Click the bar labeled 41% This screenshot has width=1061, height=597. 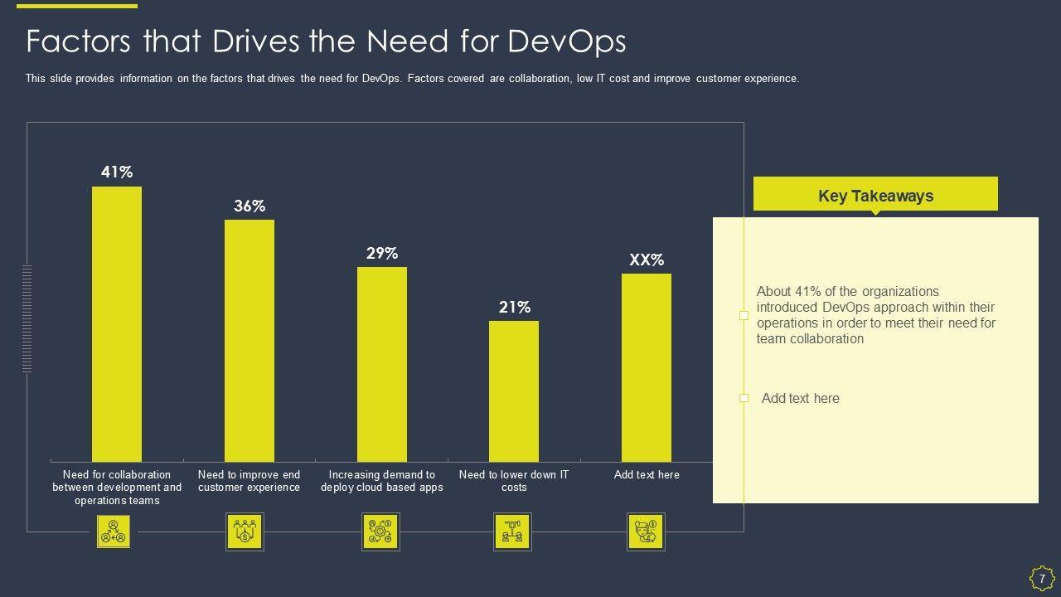click(x=117, y=323)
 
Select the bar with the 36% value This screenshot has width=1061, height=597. click(x=250, y=340)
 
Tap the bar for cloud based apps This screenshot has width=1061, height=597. click(x=382, y=364)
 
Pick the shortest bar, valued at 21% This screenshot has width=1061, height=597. click(x=514, y=391)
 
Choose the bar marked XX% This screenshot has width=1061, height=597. click(x=647, y=367)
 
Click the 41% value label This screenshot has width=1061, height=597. click(x=117, y=172)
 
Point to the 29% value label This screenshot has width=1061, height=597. click(x=382, y=253)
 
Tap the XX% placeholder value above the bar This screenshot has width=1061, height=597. click(x=647, y=260)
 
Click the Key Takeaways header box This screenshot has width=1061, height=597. click(x=875, y=196)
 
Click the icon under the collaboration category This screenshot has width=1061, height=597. click(x=113, y=532)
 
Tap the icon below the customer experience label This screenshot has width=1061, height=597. click(x=245, y=532)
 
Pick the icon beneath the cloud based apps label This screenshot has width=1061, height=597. click(x=381, y=532)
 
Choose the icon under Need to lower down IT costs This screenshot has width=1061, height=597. click(x=512, y=532)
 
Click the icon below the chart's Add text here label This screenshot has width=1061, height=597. click(x=646, y=532)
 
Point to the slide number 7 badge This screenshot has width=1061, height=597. click(x=1042, y=578)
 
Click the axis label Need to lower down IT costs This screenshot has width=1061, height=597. click(x=514, y=481)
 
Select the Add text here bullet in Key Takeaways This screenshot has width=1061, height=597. click(x=800, y=399)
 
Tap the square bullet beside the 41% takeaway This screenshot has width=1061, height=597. click(x=744, y=315)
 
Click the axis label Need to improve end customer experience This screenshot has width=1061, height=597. click(x=249, y=481)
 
